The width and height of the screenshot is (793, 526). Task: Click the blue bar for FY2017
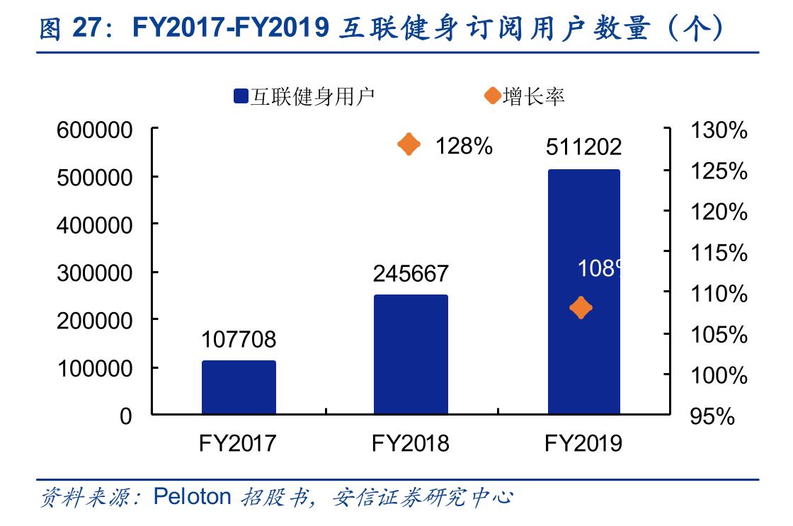[x=239, y=387]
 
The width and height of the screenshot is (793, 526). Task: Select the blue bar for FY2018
[x=411, y=354]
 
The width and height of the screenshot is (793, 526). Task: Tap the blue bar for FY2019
[x=583, y=291]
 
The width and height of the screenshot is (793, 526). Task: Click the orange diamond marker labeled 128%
[x=409, y=145]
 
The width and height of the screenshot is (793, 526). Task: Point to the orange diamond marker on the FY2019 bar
[x=581, y=308]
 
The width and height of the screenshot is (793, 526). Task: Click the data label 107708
[x=239, y=340]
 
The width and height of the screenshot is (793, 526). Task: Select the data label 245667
[x=411, y=273]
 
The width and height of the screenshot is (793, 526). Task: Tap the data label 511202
[x=583, y=147]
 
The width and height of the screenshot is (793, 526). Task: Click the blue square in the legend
[x=240, y=97]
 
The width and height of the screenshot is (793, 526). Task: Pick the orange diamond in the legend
[x=492, y=96]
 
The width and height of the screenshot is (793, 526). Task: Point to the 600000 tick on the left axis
[x=98, y=130]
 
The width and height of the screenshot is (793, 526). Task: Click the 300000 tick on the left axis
[x=98, y=273]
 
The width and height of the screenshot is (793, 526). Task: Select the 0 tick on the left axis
[x=125, y=416]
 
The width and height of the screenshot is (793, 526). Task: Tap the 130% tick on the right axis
[x=717, y=130]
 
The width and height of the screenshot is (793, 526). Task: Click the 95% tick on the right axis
[x=712, y=416]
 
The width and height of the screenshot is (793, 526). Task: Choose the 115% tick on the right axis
[x=717, y=253]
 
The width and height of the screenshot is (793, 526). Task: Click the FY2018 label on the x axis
[x=411, y=443]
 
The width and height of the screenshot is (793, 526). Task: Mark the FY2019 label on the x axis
[x=583, y=443]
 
